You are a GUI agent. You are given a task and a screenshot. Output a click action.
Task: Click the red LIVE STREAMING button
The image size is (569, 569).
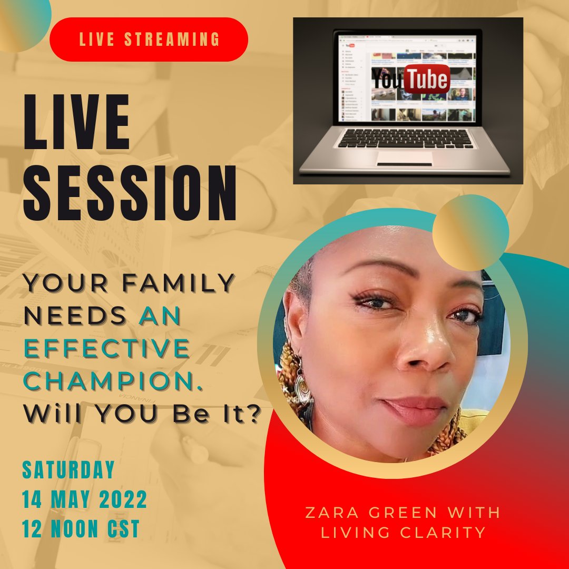click(149, 40)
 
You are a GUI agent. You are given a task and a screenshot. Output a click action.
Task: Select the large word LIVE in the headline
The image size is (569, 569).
click(76, 123)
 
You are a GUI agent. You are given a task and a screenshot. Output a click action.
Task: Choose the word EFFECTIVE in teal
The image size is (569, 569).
click(106, 348)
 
